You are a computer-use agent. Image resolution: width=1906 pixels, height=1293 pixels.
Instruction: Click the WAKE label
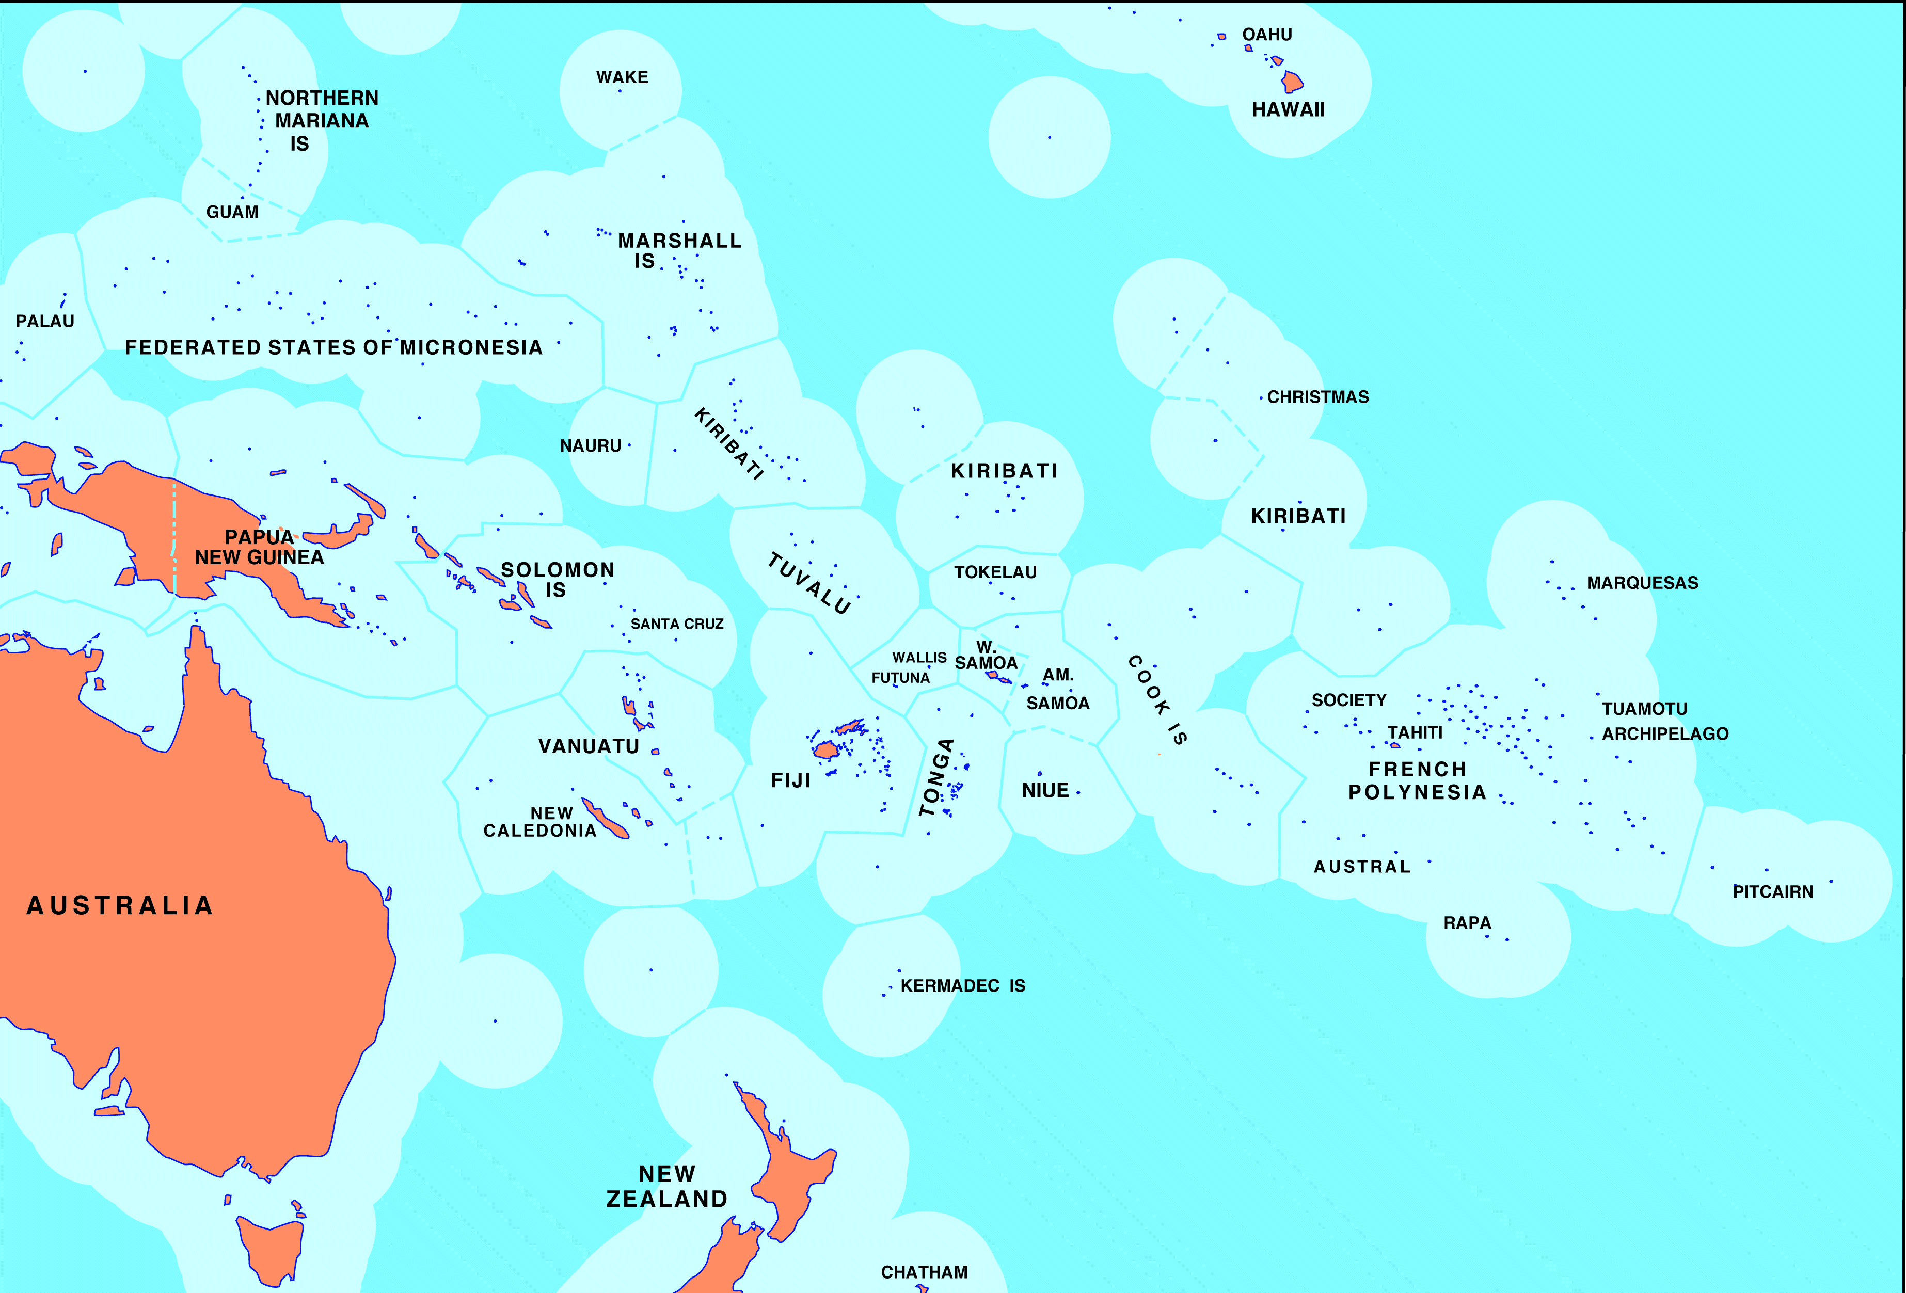pos(622,77)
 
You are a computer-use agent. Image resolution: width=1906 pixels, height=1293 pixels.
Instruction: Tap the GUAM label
pos(232,212)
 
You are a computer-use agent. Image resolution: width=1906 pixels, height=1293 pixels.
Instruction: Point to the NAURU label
pos(591,446)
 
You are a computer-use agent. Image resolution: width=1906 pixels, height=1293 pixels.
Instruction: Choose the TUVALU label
pos(808,583)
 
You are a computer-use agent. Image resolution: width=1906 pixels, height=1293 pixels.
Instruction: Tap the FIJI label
pos(790,780)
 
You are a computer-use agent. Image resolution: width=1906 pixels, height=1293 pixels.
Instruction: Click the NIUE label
pos(1045,790)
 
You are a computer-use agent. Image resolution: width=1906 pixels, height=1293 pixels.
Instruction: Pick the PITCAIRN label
pos(1772,892)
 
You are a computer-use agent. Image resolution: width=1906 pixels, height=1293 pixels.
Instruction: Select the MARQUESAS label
pos(1642,583)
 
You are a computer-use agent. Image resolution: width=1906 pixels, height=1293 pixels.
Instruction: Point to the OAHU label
pos(1266,35)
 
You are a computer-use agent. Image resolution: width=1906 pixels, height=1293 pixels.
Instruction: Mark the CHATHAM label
pos(924,1272)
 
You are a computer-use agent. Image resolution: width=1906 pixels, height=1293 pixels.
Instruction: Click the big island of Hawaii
pos(1293,82)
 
